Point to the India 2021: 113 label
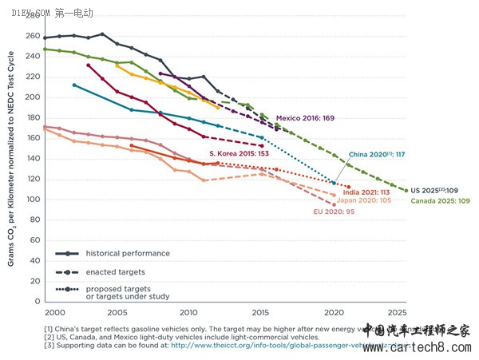click(x=365, y=192)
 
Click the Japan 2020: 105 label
click(x=363, y=201)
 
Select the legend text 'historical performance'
click(x=127, y=253)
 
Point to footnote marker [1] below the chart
click(x=50, y=327)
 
